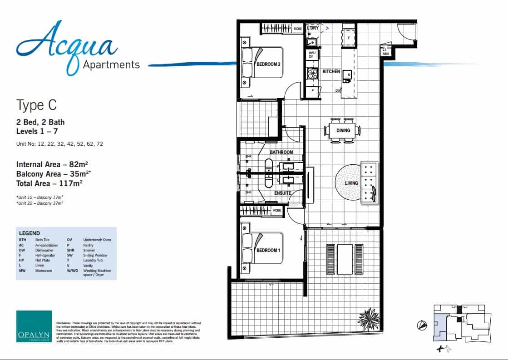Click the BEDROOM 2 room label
coord(268,64)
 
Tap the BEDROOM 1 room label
coord(268,250)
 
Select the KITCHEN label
coord(331,72)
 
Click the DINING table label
coord(343,131)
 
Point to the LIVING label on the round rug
coord(351,183)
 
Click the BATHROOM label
coord(281,152)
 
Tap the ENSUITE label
coord(282,193)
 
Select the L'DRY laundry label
coord(313,28)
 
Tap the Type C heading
coord(36,105)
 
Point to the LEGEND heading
coord(29,233)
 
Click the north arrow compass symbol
coord(421,324)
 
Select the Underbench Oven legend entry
coord(97,240)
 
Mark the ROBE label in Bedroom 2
coord(298,29)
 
